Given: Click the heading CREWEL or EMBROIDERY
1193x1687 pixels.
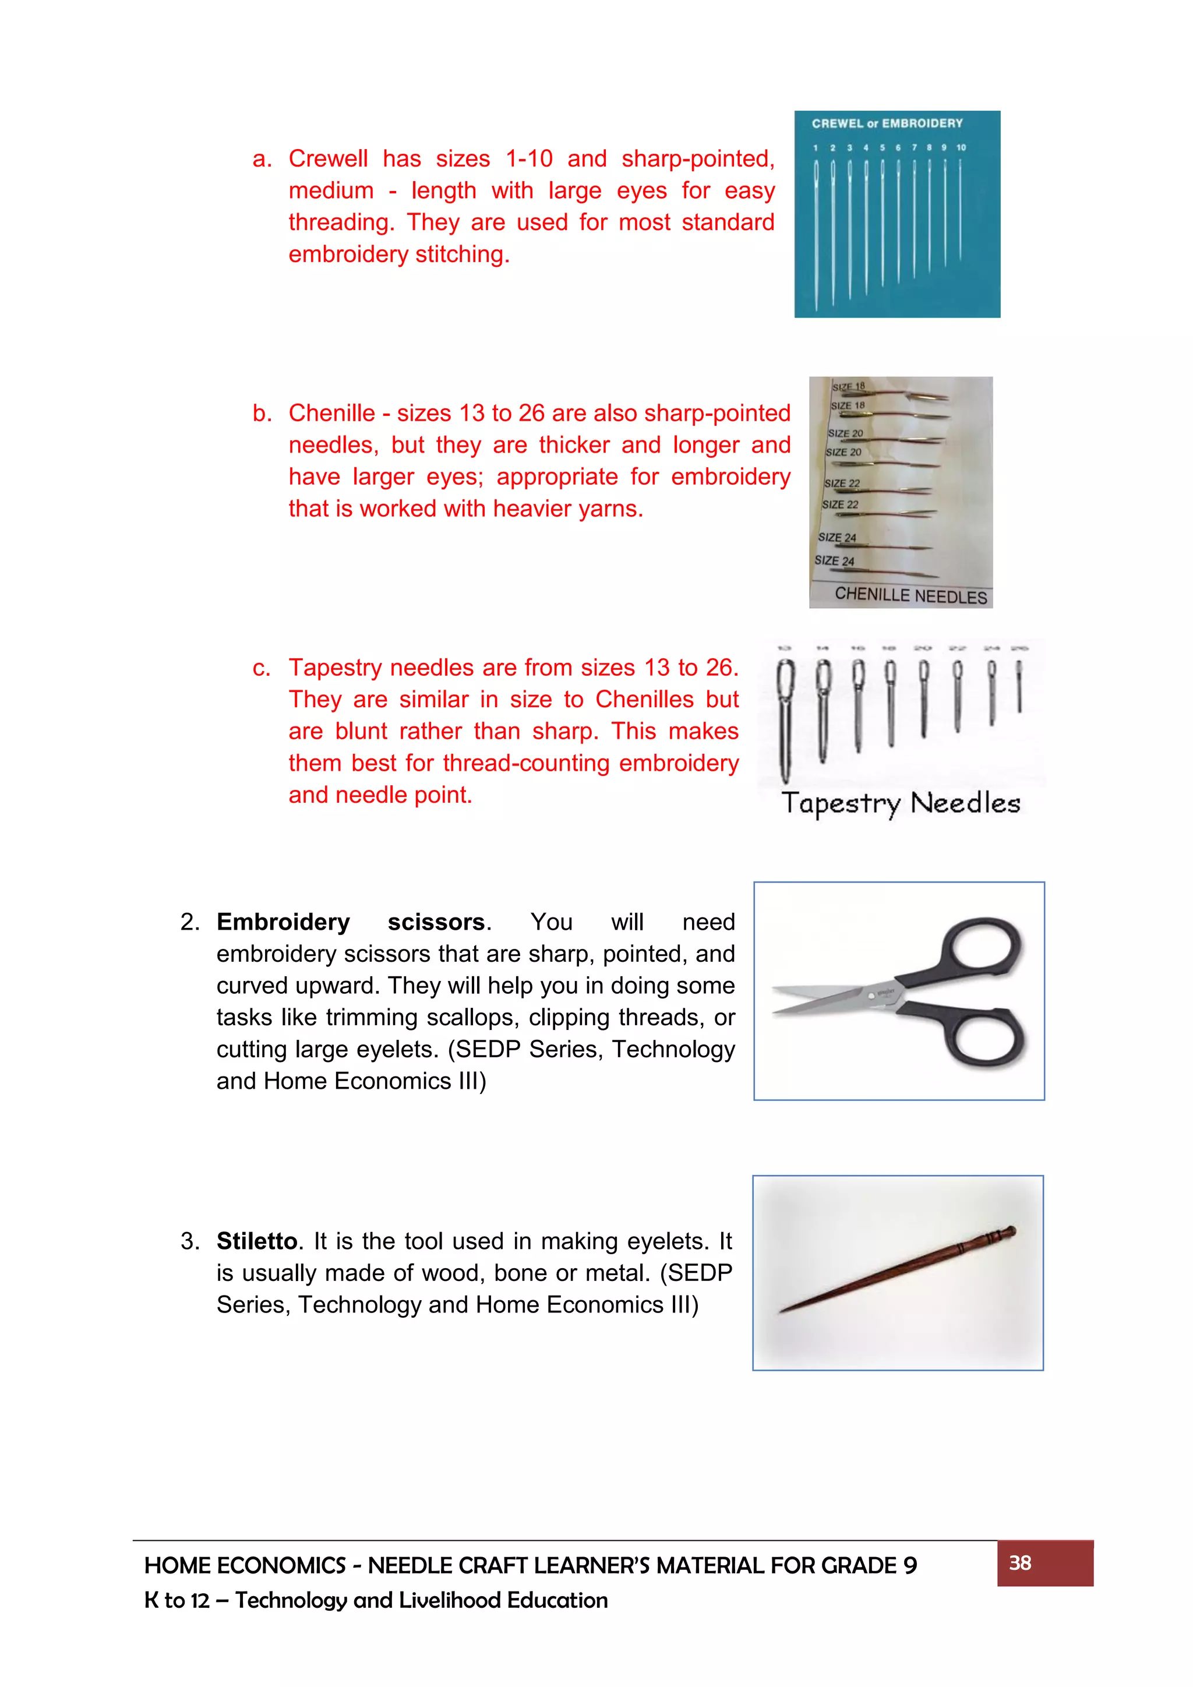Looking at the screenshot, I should (x=887, y=123).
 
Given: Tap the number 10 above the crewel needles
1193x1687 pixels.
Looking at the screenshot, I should (x=961, y=148).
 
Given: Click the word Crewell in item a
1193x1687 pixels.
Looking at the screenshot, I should (x=327, y=158).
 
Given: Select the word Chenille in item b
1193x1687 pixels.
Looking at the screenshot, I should (x=331, y=413).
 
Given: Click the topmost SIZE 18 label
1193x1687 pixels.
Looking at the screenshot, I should (x=849, y=386).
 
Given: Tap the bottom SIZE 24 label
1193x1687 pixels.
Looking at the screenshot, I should (x=834, y=560).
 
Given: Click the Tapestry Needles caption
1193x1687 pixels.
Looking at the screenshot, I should (x=901, y=803).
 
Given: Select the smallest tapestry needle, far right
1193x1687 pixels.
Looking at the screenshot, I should (x=1019, y=686).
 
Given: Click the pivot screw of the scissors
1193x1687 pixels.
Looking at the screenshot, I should (x=872, y=996).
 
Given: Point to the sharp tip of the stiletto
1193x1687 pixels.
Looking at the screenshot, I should (x=783, y=1311).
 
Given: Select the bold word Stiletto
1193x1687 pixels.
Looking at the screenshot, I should (x=256, y=1241).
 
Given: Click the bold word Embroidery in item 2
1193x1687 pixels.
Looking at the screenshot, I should (x=283, y=922).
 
